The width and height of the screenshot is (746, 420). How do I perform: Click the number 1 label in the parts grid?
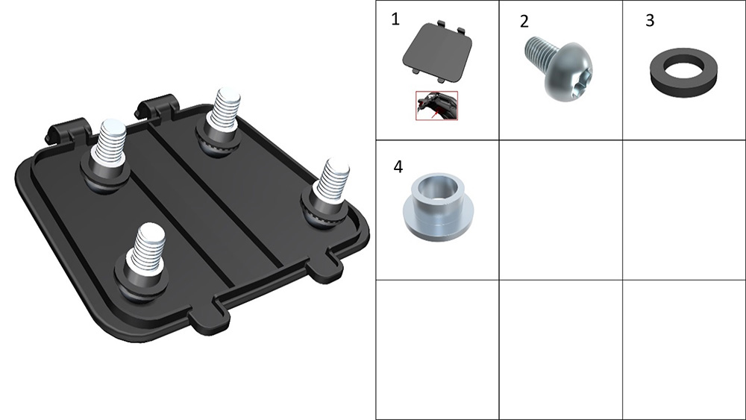395,19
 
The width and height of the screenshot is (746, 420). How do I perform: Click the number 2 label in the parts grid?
524,22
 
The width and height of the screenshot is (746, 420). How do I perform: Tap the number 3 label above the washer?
650,20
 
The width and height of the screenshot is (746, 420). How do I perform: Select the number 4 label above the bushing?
398,167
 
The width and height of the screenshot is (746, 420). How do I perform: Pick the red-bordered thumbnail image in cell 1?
436,106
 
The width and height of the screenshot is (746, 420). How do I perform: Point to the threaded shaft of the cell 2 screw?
539,52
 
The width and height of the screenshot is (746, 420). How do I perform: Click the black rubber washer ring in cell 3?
683,72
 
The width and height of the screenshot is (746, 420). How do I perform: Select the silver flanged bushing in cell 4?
439,207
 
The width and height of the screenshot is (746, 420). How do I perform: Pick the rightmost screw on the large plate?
327,195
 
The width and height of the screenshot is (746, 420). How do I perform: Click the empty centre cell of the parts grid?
560,210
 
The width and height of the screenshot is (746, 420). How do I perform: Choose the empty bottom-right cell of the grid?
683,350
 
